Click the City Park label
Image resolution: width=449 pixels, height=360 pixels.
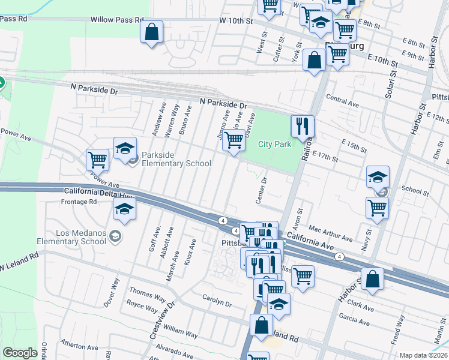pyautogui.click(x=274, y=144)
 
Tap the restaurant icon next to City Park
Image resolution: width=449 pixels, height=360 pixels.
pyautogui.click(x=303, y=126)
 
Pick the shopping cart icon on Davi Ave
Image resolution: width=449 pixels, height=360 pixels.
pyautogui.click(x=234, y=141)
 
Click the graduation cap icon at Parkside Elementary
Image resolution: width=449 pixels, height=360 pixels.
pyautogui.click(x=125, y=149)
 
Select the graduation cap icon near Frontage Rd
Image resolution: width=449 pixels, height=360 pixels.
pyautogui.click(x=124, y=208)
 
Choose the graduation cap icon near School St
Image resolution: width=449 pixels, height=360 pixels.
pyautogui.click(x=378, y=177)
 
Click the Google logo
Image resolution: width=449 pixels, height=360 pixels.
pyautogui.click(x=20, y=353)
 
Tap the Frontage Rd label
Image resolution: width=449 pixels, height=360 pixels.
pyautogui.click(x=79, y=202)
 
